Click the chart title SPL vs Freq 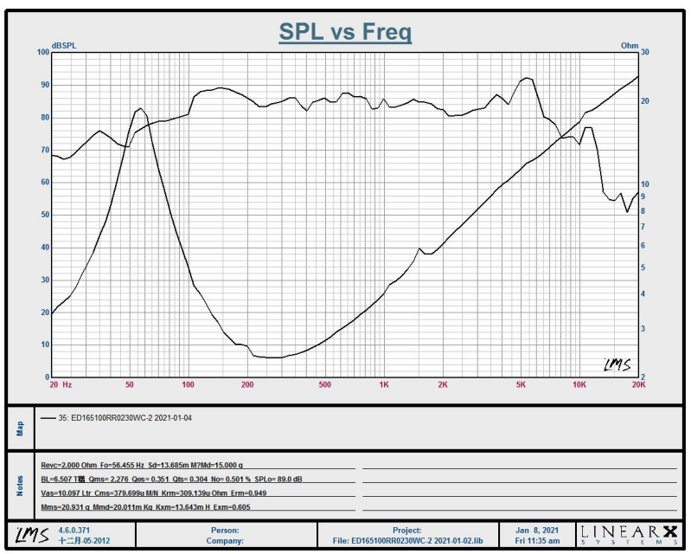click(x=345, y=32)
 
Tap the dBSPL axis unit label click(x=65, y=45)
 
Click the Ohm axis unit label click(x=630, y=45)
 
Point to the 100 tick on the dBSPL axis click(x=42, y=52)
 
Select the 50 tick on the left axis click(x=44, y=215)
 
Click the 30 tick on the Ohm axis click(x=645, y=52)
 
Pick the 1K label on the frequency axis click(x=383, y=383)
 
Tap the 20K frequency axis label click(x=638, y=383)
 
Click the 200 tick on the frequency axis click(x=247, y=383)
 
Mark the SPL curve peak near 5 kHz click(x=525, y=78)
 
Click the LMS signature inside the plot click(x=616, y=365)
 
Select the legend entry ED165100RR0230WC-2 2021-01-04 click(x=130, y=417)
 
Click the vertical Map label click(x=20, y=428)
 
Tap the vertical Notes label click(x=20, y=486)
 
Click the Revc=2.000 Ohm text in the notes click(x=68, y=463)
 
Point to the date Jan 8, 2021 click(x=538, y=530)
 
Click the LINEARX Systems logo click(x=629, y=533)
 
